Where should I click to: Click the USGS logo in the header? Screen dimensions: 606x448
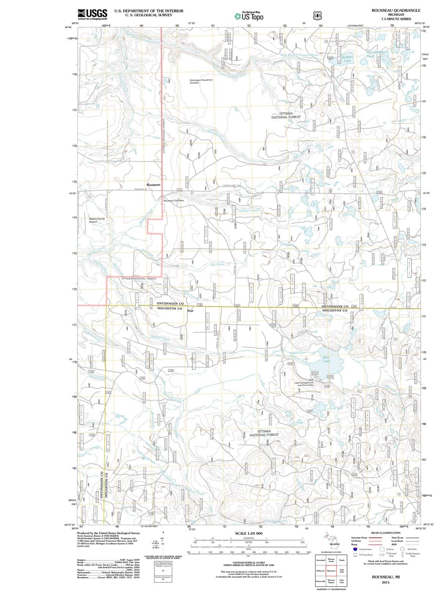[92, 14]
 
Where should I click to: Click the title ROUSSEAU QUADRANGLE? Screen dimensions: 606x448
[396, 11]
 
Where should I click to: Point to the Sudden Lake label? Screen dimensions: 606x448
[347, 59]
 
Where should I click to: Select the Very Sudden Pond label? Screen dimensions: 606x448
[376, 54]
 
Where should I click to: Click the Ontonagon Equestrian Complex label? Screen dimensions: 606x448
[201, 81]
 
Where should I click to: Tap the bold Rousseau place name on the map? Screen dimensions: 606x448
[154, 184]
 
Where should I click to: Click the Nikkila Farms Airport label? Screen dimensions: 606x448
[99, 220]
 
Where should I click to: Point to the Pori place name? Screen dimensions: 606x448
[190, 311]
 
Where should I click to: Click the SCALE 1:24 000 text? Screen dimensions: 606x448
[248, 533]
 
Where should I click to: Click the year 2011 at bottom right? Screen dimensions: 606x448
[386, 582]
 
